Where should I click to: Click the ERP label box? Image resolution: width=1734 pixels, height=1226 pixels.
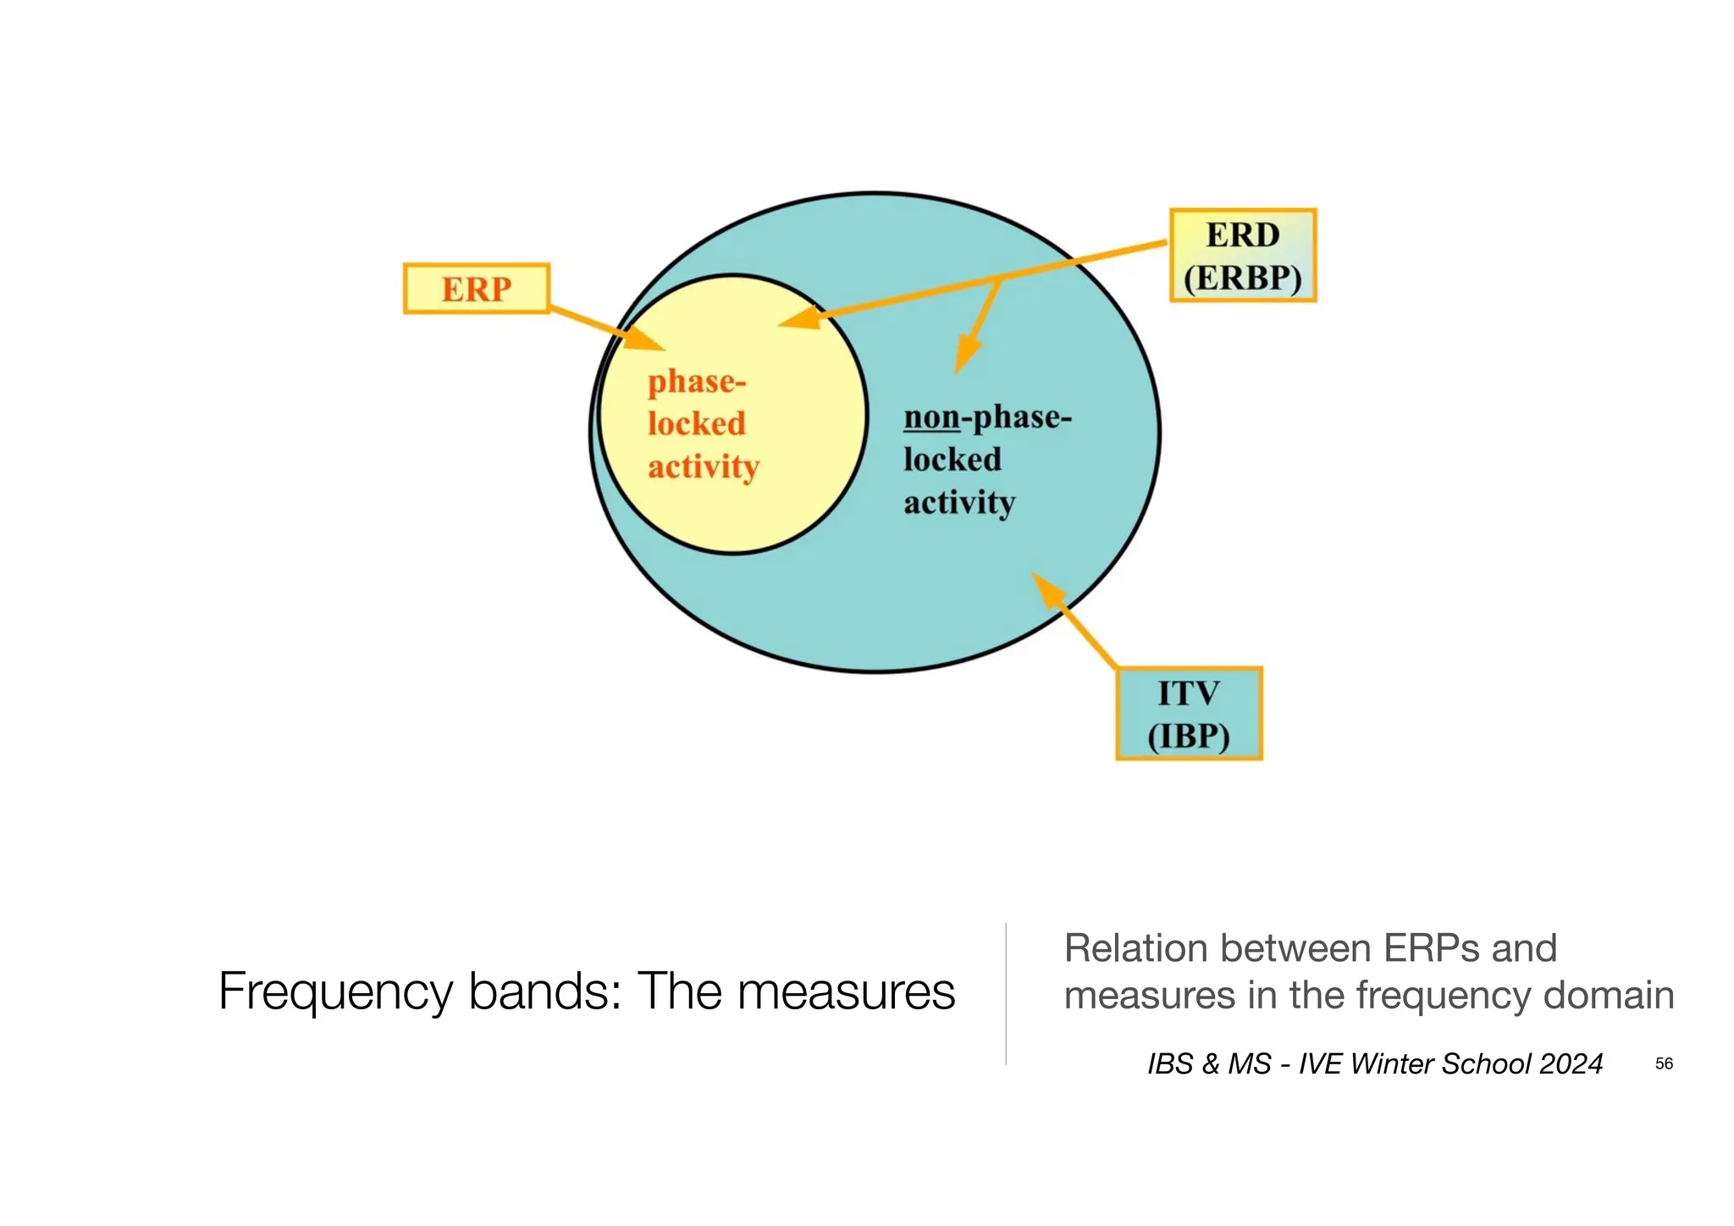477,289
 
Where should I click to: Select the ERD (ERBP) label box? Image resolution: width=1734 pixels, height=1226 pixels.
1242,255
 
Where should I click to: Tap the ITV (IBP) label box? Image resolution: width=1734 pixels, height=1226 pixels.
1189,714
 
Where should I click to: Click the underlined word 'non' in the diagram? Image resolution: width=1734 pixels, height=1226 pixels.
931,417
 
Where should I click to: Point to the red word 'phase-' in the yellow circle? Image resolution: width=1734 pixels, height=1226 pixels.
697,382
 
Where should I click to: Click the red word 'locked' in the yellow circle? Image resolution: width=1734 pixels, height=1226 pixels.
697,423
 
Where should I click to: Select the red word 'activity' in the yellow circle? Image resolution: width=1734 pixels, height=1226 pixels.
704,467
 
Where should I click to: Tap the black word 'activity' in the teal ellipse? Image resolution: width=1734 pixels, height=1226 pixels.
959,502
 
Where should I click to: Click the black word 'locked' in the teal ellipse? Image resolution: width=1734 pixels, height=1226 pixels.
953,460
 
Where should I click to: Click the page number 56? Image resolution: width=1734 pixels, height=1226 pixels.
1664,1063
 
